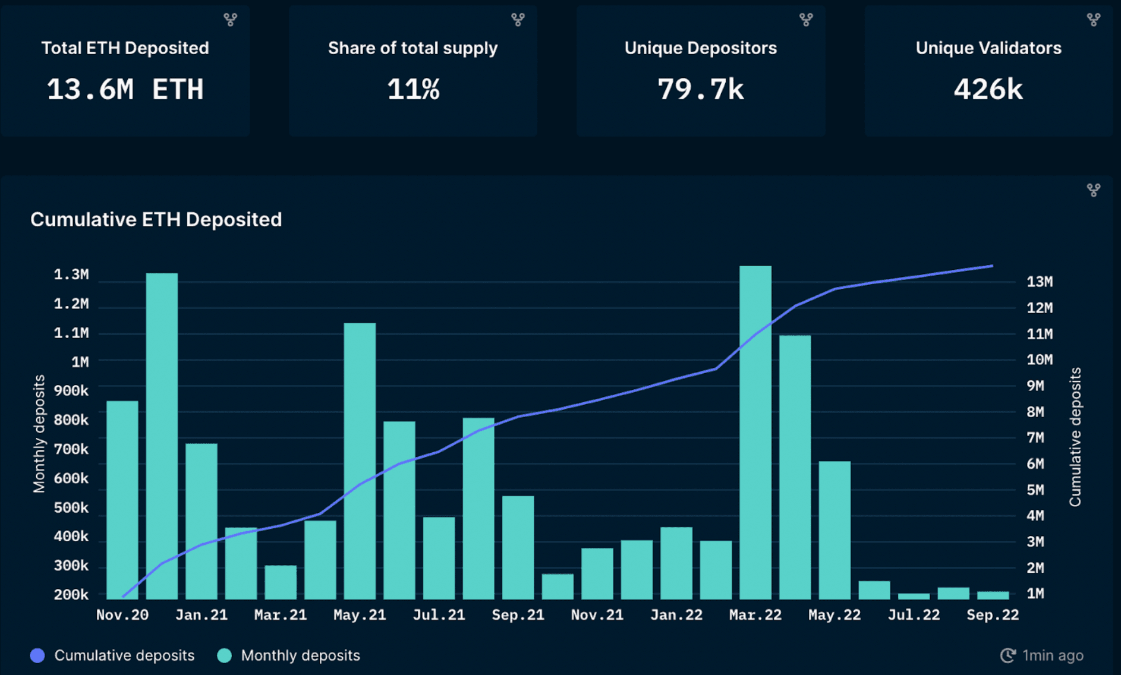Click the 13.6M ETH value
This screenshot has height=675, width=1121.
pos(125,90)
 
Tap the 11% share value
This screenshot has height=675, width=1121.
pos(413,90)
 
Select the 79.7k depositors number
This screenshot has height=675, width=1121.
pos(700,90)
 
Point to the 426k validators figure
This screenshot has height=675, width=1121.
pos(988,90)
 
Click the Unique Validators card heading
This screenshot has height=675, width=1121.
pos(988,48)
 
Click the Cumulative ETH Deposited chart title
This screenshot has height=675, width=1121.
pos(156,220)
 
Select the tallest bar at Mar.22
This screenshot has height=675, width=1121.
pos(755,433)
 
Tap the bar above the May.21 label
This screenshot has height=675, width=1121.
pos(360,460)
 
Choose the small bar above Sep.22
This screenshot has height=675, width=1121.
pos(993,595)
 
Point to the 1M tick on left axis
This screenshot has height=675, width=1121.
pos(80,362)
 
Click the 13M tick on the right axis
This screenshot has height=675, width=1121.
pos(1039,282)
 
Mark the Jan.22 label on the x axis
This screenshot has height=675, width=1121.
pos(676,615)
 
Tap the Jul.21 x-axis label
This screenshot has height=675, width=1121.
pos(439,615)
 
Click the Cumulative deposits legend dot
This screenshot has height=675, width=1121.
pos(37,655)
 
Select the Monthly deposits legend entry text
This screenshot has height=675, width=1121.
pos(300,655)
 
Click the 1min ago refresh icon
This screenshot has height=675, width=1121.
pos(1007,655)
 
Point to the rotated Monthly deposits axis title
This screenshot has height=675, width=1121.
pos(39,434)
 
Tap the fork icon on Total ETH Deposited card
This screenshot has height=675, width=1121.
pos(230,20)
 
